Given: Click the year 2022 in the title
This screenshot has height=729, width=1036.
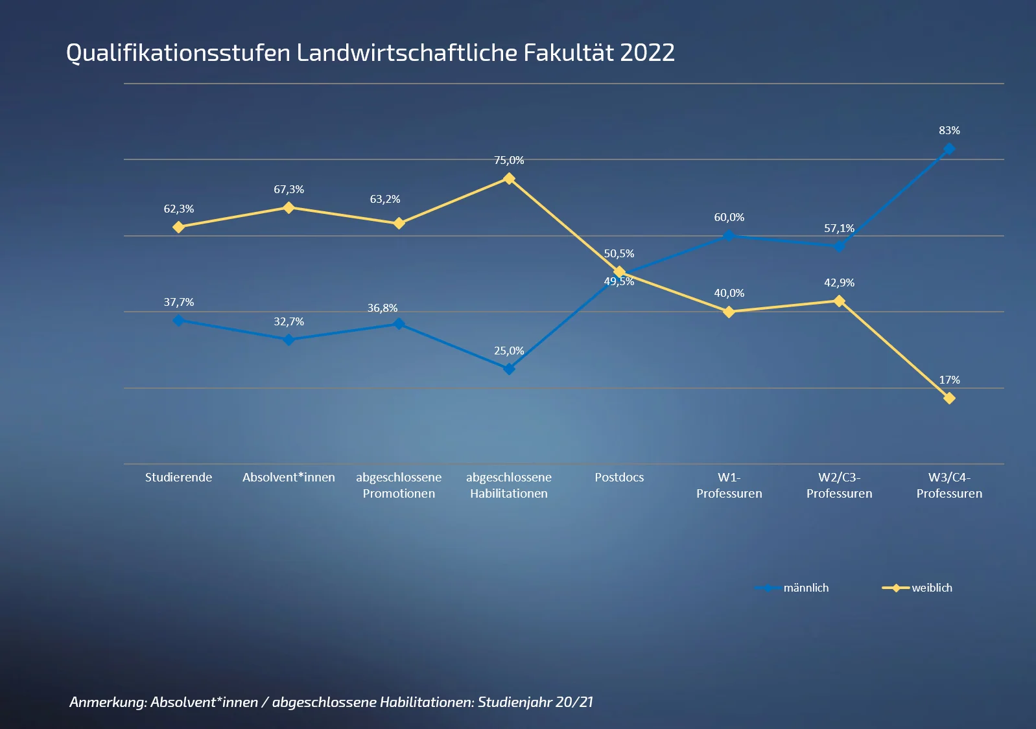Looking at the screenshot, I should (x=647, y=52).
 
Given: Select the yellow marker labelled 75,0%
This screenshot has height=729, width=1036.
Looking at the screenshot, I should (x=509, y=178).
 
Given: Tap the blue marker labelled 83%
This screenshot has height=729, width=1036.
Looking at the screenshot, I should (x=949, y=149).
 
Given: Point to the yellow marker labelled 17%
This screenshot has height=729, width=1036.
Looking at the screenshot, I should (x=949, y=399).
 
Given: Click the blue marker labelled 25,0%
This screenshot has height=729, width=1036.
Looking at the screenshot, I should (x=509, y=369).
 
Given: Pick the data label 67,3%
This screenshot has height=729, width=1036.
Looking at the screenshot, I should (x=288, y=189).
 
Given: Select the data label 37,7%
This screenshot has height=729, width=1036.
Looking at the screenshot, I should (x=178, y=302).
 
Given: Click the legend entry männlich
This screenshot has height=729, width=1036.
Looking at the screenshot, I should (x=805, y=588).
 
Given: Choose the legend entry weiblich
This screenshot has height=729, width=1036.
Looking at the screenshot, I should (x=931, y=588).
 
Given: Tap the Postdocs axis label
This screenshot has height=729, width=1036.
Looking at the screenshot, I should (x=619, y=478).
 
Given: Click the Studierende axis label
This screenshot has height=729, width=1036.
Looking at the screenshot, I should (x=178, y=478).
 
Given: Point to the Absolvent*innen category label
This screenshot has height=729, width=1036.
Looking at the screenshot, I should (x=288, y=478).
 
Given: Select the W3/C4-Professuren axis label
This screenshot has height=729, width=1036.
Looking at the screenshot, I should (x=949, y=485).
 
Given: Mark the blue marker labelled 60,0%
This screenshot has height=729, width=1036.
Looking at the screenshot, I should (x=729, y=236).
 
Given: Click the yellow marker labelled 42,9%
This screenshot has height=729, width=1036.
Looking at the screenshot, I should (x=839, y=301).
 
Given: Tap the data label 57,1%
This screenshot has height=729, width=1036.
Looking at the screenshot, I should (x=839, y=228).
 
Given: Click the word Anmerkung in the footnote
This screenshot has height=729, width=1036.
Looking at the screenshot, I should (x=108, y=702).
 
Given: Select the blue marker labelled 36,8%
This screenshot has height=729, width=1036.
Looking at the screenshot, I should (x=399, y=323).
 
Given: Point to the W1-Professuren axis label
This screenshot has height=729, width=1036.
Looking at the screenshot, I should (x=729, y=485).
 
